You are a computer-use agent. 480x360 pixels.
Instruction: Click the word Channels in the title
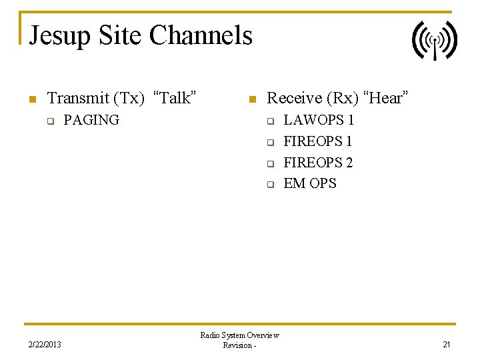(x=201, y=35)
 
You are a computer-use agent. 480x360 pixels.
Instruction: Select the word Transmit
(x=78, y=99)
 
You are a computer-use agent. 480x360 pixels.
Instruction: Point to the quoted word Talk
(x=175, y=99)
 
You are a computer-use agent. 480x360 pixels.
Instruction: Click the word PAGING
(x=91, y=120)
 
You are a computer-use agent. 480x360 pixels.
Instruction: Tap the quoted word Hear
(x=385, y=99)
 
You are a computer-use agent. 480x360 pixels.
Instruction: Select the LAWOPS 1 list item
(x=319, y=120)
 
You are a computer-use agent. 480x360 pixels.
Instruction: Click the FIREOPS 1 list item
(x=318, y=141)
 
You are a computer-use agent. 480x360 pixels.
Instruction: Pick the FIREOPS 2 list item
(x=318, y=163)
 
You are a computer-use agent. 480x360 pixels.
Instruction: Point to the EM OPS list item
(x=310, y=183)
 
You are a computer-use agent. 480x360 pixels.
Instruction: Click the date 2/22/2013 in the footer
(x=45, y=345)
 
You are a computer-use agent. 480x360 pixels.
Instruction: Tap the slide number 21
(x=447, y=345)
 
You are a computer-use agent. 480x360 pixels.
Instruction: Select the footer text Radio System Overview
(x=239, y=335)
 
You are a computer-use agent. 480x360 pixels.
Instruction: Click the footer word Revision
(x=237, y=345)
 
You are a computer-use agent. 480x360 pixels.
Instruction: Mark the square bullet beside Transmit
(x=31, y=100)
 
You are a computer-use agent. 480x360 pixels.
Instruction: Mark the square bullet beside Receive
(x=251, y=100)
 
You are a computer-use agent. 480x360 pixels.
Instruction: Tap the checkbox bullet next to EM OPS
(x=271, y=185)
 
